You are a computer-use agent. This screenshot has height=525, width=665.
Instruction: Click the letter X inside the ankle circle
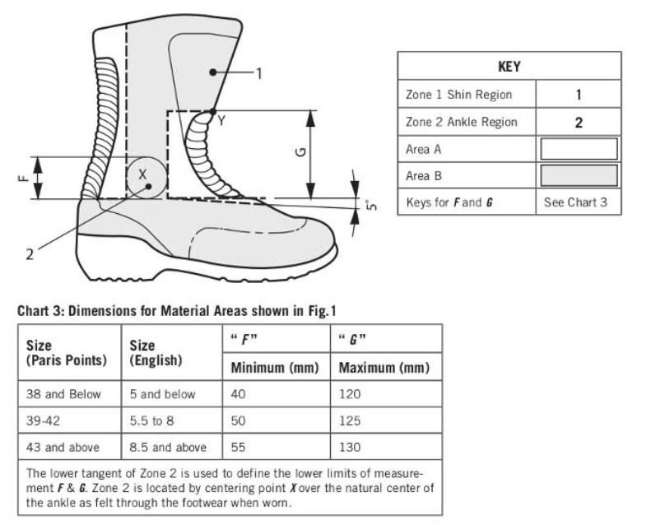[142, 174]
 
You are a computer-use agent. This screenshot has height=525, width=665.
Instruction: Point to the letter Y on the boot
[221, 121]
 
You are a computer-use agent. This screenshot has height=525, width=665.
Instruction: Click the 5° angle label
[371, 204]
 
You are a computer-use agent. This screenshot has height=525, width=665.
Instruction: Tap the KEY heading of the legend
[509, 67]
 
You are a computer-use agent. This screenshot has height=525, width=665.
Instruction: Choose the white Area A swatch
[578, 149]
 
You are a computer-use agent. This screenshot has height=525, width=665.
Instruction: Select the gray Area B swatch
[578, 175]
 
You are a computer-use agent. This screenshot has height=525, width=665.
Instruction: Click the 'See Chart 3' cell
[576, 202]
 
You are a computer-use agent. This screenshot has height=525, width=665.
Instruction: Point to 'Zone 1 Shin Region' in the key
[458, 95]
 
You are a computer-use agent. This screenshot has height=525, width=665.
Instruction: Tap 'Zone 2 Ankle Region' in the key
[461, 122]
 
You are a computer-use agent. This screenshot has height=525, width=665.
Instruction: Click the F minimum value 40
[239, 394]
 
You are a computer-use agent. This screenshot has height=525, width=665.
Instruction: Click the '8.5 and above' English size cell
[168, 447]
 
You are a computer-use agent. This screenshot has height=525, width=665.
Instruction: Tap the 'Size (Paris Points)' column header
[67, 353]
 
